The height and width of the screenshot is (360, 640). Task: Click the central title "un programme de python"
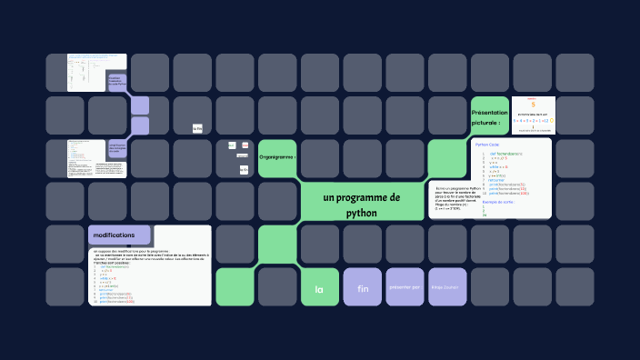[x=361, y=205]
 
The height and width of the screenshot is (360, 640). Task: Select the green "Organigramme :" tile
[x=277, y=157]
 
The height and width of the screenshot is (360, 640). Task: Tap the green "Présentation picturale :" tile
[x=489, y=116]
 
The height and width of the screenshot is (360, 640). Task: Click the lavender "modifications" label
[x=119, y=235]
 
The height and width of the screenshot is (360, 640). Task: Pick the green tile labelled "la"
[x=319, y=289]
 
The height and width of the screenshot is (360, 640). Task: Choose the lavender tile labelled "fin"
[x=362, y=289]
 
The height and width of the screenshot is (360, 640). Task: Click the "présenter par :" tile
[x=405, y=287]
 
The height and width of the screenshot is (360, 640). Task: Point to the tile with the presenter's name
[x=446, y=287]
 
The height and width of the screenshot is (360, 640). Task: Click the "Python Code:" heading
[x=487, y=145]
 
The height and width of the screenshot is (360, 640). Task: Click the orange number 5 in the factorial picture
[x=533, y=104]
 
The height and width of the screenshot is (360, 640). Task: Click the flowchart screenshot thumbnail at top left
[x=88, y=73]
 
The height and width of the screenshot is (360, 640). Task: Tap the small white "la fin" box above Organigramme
[x=197, y=129]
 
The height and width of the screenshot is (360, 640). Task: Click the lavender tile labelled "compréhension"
[x=116, y=148]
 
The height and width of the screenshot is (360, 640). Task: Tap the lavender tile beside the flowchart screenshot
[x=117, y=82]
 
